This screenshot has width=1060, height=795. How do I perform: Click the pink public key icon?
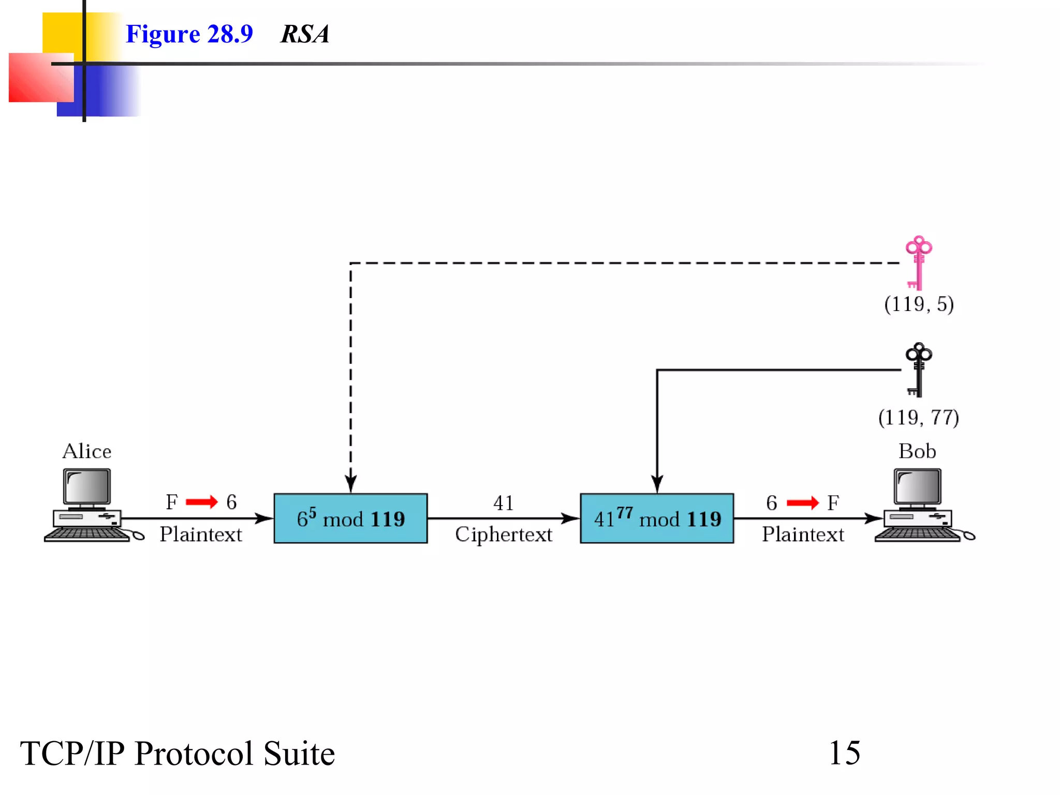click(x=918, y=262)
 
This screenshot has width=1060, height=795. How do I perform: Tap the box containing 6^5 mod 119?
click(x=350, y=518)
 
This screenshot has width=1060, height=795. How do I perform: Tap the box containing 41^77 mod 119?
click(x=657, y=518)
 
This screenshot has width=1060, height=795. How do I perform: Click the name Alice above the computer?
click(x=86, y=451)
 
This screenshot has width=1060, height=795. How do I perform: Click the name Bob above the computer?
click(x=917, y=451)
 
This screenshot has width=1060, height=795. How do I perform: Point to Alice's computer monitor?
click(x=86, y=487)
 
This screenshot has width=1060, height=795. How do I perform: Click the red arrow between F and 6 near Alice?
click(x=202, y=502)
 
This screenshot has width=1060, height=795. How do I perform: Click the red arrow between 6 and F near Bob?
click(x=802, y=503)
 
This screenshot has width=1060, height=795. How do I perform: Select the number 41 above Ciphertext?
click(x=504, y=503)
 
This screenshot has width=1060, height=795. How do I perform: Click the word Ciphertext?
click(x=504, y=535)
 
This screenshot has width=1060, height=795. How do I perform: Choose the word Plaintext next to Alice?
click(x=201, y=534)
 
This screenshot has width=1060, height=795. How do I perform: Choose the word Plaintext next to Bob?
click(x=803, y=534)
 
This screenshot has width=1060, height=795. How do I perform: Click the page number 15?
click(x=844, y=753)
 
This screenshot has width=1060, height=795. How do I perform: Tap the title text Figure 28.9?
click(x=189, y=34)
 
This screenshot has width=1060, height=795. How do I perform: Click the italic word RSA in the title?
click(x=304, y=34)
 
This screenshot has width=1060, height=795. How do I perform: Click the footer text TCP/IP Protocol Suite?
click(x=178, y=753)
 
